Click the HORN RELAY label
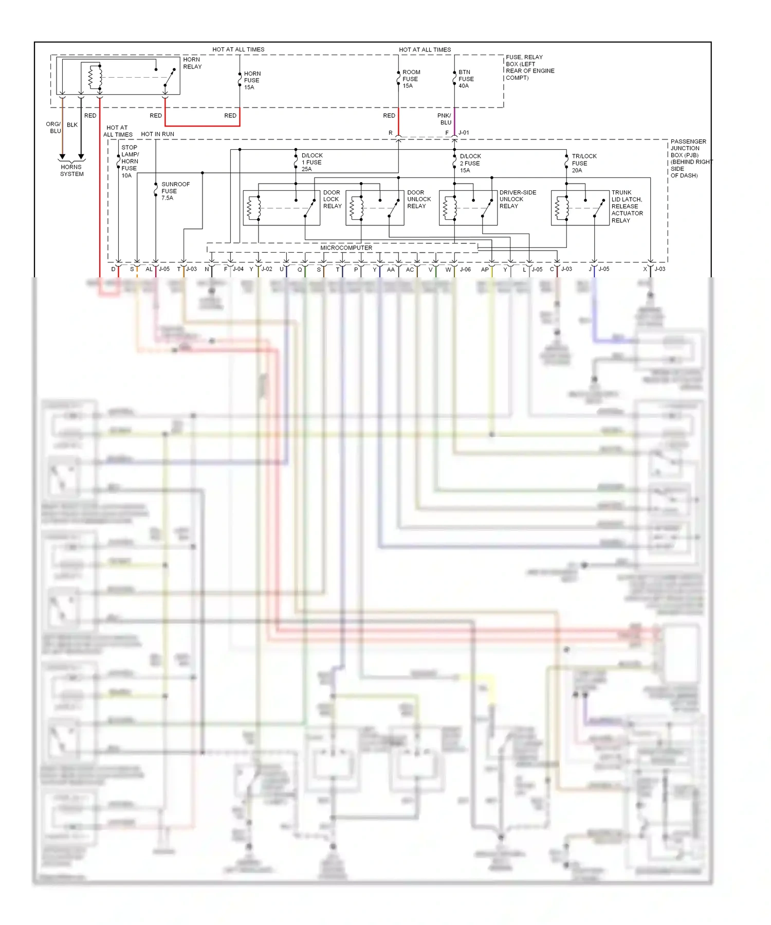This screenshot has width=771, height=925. [x=192, y=63]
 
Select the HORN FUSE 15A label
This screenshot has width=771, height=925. [x=252, y=81]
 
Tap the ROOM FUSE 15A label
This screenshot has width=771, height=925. [x=411, y=79]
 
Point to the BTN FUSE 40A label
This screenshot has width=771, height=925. [x=466, y=79]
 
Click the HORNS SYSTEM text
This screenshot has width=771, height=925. [x=71, y=170]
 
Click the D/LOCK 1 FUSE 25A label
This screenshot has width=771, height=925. [x=311, y=162]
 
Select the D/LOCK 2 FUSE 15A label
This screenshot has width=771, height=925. [x=470, y=163]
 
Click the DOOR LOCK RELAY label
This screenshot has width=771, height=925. [x=332, y=199]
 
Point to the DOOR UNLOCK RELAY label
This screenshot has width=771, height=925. [x=418, y=199]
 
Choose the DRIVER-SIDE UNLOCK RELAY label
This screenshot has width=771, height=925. [x=517, y=199]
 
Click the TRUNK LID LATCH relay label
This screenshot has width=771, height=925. [x=627, y=206]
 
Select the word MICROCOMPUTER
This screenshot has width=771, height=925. [x=346, y=248]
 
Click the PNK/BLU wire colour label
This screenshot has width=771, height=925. [x=445, y=119]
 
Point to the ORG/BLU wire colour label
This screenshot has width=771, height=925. [x=53, y=128]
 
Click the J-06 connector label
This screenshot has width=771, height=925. [x=465, y=270]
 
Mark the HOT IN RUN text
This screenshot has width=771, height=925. [x=157, y=134]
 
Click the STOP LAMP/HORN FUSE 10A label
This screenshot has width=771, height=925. [x=130, y=162]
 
